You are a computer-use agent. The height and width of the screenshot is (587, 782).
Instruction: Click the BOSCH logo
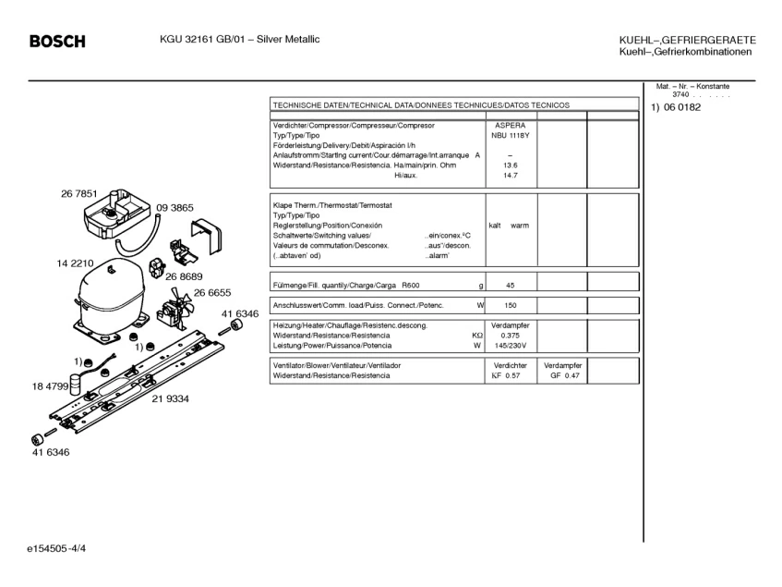57,42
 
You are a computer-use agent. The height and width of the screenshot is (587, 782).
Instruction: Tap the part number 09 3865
174,208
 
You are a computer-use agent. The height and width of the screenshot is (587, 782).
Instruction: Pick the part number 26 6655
211,292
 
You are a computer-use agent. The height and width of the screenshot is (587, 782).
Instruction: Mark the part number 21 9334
171,398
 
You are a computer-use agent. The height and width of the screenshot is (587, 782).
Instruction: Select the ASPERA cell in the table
511,125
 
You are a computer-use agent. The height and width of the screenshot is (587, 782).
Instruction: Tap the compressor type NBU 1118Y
511,135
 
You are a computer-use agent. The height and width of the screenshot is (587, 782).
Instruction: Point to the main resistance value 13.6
511,165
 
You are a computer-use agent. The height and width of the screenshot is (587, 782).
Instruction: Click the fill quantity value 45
511,286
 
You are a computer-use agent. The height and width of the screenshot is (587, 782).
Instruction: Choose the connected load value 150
511,305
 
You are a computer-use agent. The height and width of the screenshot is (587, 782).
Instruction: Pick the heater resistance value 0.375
511,336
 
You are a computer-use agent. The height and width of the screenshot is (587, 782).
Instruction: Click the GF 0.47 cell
564,375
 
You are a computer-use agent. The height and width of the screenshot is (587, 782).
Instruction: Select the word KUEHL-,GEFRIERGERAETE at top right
687,41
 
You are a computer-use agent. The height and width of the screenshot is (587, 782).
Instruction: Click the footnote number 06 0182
682,108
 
